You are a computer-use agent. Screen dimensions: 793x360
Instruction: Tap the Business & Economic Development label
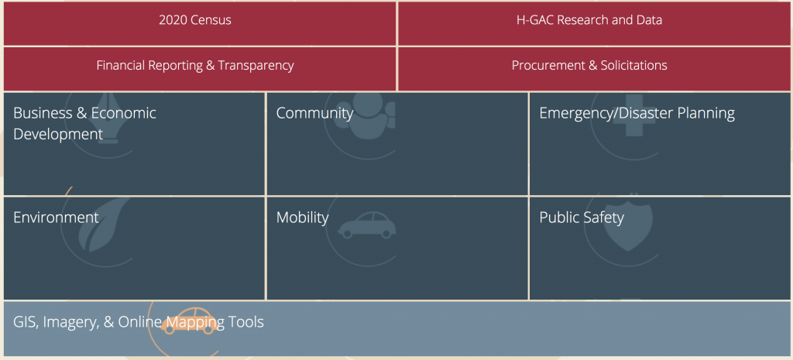pos(84,123)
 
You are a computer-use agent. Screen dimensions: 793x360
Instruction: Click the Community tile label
pos(314,113)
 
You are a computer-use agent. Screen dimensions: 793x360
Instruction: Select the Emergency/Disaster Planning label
pos(637,113)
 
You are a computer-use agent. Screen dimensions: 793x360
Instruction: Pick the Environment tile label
pos(56,218)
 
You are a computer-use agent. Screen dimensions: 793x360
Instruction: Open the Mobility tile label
pos(303,218)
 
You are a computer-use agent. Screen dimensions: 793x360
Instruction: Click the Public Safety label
pos(582,218)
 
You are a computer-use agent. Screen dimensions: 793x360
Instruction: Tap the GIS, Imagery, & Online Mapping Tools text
pos(139,322)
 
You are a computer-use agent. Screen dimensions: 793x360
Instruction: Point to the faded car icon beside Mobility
pos(366,225)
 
